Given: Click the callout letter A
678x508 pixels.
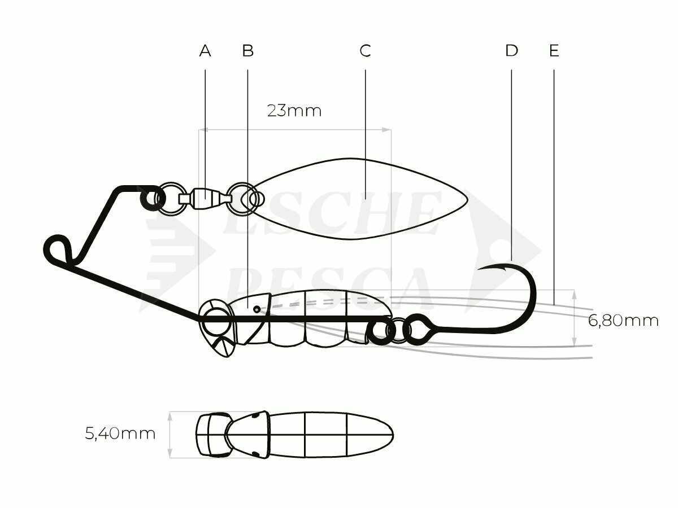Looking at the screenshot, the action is coord(205,51).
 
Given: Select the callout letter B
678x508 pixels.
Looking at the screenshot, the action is coord(247,51).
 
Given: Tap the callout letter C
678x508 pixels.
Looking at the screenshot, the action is coord(365,51).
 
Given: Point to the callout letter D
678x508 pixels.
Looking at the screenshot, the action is coord(511,51).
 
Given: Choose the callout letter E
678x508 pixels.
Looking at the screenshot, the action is coord(554,51).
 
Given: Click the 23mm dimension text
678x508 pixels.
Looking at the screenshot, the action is coord(294,111).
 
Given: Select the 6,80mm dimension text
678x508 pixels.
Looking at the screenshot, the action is coord(623,321).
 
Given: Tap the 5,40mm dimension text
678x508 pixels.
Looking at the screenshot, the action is coord(120,433).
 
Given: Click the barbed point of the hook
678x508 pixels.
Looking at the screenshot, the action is coord(480,269).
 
